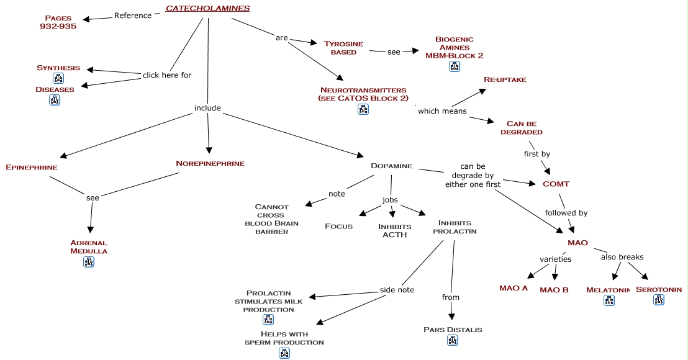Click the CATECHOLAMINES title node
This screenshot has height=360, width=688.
pyautogui.click(x=207, y=9)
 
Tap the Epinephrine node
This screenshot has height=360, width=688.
pyautogui.click(x=31, y=168)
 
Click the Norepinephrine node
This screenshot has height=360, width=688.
pyautogui.click(x=210, y=164)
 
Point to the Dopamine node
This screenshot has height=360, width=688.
pyautogui.click(x=391, y=166)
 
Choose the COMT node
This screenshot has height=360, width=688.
pyautogui.click(x=556, y=184)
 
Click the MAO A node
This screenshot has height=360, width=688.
pyautogui.click(x=514, y=288)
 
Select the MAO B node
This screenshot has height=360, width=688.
pyautogui.click(x=554, y=290)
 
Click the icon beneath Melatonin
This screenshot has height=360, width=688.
pyautogui.click(x=609, y=301)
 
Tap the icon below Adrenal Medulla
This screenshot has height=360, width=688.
pyautogui.click(x=89, y=262)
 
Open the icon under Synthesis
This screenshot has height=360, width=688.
pyautogui.click(x=58, y=78)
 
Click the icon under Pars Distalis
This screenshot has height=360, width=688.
pyautogui.click(x=453, y=340)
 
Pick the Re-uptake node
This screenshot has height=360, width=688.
pyautogui.click(x=505, y=80)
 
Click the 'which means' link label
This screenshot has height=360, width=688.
pyautogui.click(x=442, y=111)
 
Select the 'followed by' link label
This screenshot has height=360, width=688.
pyautogui.click(x=566, y=213)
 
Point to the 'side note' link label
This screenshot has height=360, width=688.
pyautogui.click(x=397, y=290)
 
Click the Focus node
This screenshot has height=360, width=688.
pyautogui.click(x=339, y=227)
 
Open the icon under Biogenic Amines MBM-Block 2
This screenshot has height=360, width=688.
pyautogui.click(x=455, y=66)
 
